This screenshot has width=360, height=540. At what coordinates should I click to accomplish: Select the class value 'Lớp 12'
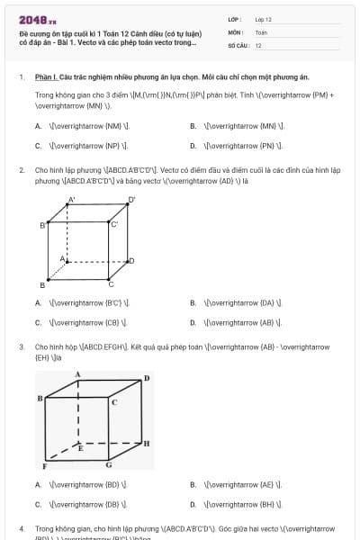pyautogui.click(x=264, y=19)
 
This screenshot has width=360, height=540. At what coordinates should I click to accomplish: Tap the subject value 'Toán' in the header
pyautogui.click(x=261, y=31)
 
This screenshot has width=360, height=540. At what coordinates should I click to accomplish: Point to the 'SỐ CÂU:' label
pyautogui.click(x=238, y=45)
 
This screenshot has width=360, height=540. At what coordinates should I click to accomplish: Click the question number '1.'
pyautogui.click(x=21, y=77)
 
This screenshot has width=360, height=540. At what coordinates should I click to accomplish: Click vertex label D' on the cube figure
pyautogui.click(x=131, y=200)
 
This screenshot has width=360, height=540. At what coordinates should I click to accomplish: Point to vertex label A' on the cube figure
pyautogui.click(x=72, y=200)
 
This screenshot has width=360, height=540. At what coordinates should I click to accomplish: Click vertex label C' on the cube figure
pyautogui.click(x=114, y=223)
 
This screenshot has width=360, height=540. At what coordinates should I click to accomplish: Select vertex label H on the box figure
pyautogui.click(x=147, y=444)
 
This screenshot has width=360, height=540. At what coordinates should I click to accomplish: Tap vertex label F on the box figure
pyautogui.click(x=44, y=467)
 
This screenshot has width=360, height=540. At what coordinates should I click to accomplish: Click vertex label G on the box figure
pyautogui.click(x=109, y=465)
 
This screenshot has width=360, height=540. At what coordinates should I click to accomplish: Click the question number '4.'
pyautogui.click(x=21, y=528)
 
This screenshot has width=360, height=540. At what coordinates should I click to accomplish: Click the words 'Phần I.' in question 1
pyautogui.click(x=46, y=77)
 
